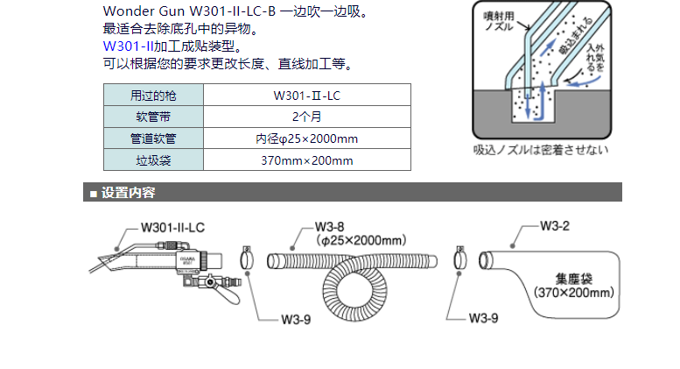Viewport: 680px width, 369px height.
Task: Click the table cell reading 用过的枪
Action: pyautogui.click(x=153, y=95)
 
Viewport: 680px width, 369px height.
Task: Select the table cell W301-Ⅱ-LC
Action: pyautogui.click(x=307, y=95)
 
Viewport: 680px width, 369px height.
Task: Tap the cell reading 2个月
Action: pyautogui.click(x=307, y=117)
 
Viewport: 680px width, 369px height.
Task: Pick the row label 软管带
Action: pyautogui.click(x=153, y=117)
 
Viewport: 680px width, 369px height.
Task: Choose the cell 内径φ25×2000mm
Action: pyautogui.click(x=307, y=138)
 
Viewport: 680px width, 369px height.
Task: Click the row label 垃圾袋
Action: pyautogui.click(x=153, y=160)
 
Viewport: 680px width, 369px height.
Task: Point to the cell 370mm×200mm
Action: pyautogui.click(x=307, y=160)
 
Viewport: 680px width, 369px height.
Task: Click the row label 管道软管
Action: pyautogui.click(x=153, y=138)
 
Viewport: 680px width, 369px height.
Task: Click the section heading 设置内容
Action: pyautogui.click(x=128, y=194)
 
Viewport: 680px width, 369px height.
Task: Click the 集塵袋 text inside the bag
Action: pyautogui.click(x=574, y=278)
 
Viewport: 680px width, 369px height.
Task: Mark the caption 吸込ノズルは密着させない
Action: pyautogui.click(x=540, y=149)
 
